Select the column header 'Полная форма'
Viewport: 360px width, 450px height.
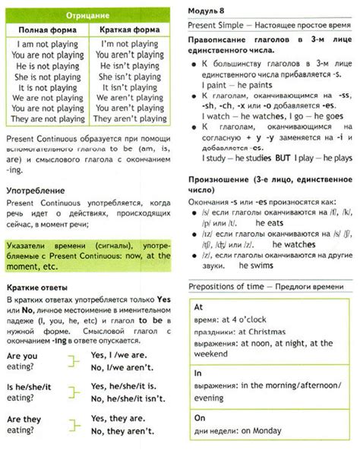pos(48,30)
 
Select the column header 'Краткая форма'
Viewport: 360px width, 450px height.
pos(133,30)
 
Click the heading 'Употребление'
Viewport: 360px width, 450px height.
pos(34,190)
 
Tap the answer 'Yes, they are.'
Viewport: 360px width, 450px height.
pos(118,418)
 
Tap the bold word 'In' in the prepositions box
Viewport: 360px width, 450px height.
pos(199,373)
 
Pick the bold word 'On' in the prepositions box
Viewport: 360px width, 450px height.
pos(200,417)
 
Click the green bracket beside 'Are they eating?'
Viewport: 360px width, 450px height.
pos(73,425)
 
